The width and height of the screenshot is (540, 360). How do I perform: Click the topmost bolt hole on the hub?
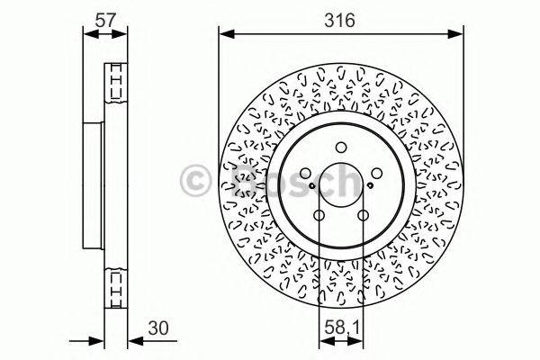point(340,149)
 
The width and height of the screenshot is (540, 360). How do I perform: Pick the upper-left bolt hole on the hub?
point(306,175)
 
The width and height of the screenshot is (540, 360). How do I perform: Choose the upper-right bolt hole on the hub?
point(374,175)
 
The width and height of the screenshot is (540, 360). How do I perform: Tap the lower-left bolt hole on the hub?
point(319,215)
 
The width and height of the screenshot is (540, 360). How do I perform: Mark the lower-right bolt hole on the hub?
point(362,215)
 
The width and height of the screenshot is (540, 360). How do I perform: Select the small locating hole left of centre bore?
point(312,186)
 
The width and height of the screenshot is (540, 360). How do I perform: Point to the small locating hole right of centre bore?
point(369,186)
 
